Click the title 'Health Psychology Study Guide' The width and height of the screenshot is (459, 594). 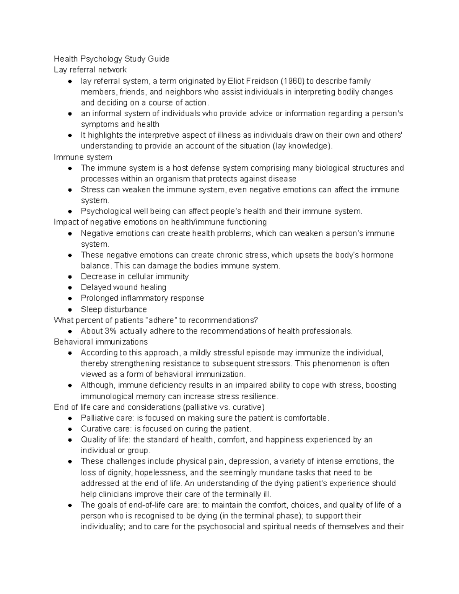(111, 59)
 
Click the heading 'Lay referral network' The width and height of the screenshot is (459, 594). (90, 70)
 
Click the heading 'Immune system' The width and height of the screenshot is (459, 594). (83, 157)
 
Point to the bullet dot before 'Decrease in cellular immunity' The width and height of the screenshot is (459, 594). (70, 277)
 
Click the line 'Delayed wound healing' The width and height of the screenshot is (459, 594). (123, 287)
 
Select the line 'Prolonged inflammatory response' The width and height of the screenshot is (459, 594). (142, 298)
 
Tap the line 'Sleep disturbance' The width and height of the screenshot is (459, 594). (114, 309)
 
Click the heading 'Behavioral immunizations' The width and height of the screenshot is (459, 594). (101, 342)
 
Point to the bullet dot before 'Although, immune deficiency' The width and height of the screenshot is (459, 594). (70, 385)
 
